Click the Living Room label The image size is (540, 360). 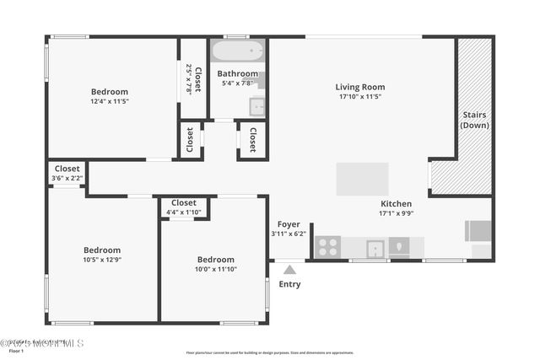pos(359,87)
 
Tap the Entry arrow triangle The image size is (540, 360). pos(289,270)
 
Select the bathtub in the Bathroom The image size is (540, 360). pos(237,51)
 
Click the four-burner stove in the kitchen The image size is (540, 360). pos(327,248)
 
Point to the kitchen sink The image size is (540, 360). pos(375,248)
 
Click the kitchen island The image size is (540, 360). pos(362,179)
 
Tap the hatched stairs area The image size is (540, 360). pos(473,118)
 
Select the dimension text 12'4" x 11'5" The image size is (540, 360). pos(110,101)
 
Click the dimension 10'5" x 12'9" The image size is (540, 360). pos(101,259)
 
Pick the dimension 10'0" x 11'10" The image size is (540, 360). pos(215,269)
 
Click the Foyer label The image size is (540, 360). pos(289,224)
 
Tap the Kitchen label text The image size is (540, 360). pos(395,204)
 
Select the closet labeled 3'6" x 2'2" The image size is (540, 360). pos(67,173)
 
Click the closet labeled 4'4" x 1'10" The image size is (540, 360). pos(184,207)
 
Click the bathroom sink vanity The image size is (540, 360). pos(256,106)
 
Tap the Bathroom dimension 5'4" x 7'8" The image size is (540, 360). pos(237,83)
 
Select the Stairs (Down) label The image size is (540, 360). pos(473,120)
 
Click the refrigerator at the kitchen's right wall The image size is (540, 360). pos(478,231)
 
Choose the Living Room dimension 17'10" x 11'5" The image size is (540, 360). pos(359,97)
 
